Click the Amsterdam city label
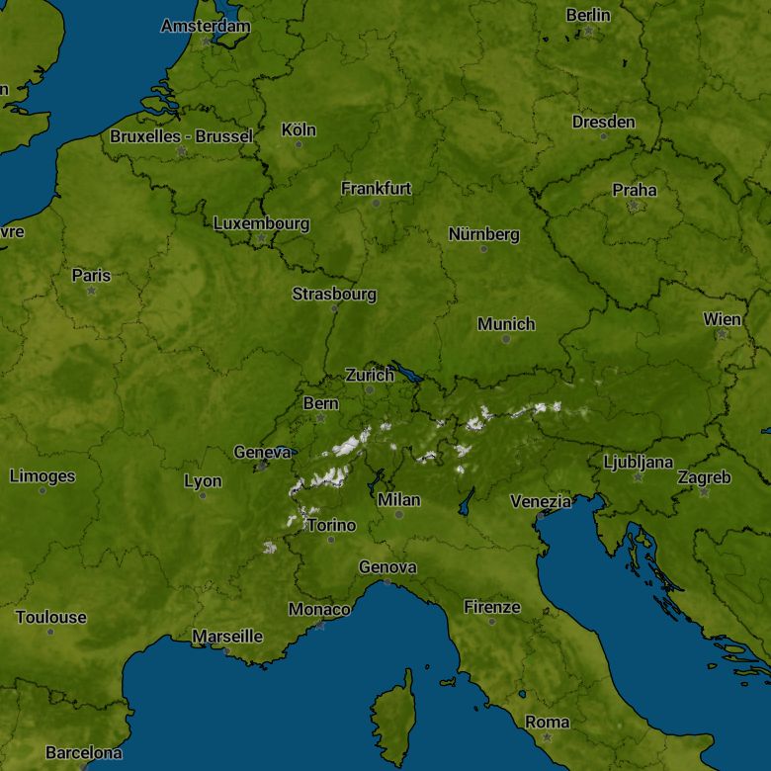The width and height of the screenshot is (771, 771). click(206, 26)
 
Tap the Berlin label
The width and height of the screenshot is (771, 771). click(588, 15)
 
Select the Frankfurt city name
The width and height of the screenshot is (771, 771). click(376, 188)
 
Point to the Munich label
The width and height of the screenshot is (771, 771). click(506, 324)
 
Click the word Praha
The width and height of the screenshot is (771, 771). click(634, 190)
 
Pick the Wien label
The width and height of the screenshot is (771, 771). click(722, 318)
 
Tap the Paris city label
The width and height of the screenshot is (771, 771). click(91, 275)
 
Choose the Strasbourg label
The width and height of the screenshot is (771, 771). click(334, 294)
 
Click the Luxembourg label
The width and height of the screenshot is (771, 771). click(261, 223)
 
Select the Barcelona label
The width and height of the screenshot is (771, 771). click(84, 752)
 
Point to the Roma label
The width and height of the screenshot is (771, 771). click(547, 722)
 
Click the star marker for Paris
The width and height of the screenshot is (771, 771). click(91, 292)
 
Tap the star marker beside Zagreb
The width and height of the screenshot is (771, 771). click(704, 491)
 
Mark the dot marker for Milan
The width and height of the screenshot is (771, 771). click(399, 514)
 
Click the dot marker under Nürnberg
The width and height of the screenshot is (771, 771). click(483, 249)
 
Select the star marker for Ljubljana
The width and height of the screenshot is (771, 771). click(638, 477)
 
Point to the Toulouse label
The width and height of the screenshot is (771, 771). click(50, 617)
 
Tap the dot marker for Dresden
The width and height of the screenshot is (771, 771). click(604, 136)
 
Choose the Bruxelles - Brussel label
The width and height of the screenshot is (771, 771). click(181, 136)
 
